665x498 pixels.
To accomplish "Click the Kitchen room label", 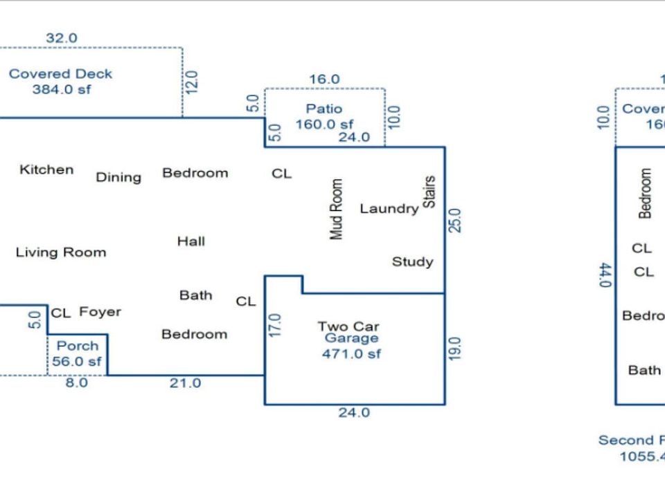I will tap(46, 169).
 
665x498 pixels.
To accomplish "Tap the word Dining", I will tap(118, 177).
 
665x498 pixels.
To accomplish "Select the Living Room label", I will tap(61, 252).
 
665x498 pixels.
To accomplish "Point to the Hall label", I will tap(190, 241).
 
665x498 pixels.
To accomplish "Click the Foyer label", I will tap(100, 312).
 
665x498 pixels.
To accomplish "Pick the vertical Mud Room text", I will tap(337, 210).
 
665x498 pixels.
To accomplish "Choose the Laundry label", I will tap(389, 208).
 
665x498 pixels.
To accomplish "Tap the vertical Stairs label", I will tap(429, 192).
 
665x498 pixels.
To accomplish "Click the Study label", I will tap(413, 261).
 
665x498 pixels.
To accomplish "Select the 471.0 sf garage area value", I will tap(351, 354).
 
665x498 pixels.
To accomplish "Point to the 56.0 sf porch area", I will tap(76, 361).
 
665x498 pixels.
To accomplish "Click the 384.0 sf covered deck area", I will tap(61, 89).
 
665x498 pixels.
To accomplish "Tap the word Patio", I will tap(324, 109).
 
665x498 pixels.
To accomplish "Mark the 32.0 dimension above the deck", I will tap(62, 39).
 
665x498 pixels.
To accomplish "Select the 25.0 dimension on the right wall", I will tap(454, 221).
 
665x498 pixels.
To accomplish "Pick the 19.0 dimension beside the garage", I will tap(454, 349).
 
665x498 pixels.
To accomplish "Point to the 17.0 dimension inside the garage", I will tap(274, 326).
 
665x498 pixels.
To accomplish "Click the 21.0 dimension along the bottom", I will tap(185, 383).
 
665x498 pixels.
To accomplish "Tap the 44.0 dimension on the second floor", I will tap(605, 275).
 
